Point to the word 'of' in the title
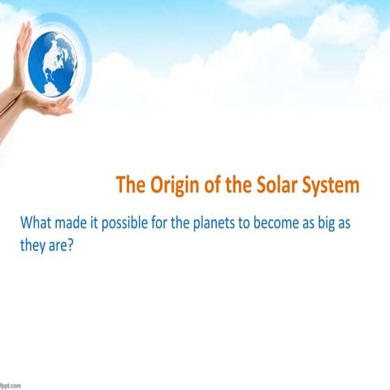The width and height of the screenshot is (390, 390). pyautogui.click(x=214, y=184)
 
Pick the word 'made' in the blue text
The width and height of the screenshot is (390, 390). pyautogui.click(x=80, y=223)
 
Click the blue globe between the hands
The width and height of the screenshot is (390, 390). pyautogui.click(x=54, y=63)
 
